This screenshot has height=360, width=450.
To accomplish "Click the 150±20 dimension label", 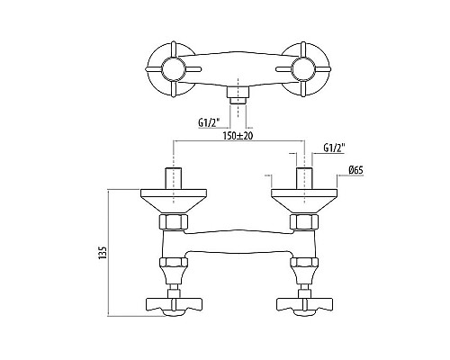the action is [x=238, y=136].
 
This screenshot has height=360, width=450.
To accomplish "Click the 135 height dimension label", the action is [x=103, y=253].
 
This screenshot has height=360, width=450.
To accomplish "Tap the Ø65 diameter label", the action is [x=355, y=170].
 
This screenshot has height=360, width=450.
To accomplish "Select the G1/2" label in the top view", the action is [x=209, y=122].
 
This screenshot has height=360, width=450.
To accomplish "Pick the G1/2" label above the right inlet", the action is [x=334, y=148].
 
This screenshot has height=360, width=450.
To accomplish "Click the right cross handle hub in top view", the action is [x=302, y=68].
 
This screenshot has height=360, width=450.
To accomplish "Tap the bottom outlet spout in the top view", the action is [x=238, y=96].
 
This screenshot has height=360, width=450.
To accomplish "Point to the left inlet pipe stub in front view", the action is [x=173, y=178].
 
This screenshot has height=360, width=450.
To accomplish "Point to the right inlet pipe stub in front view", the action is [x=304, y=178].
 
